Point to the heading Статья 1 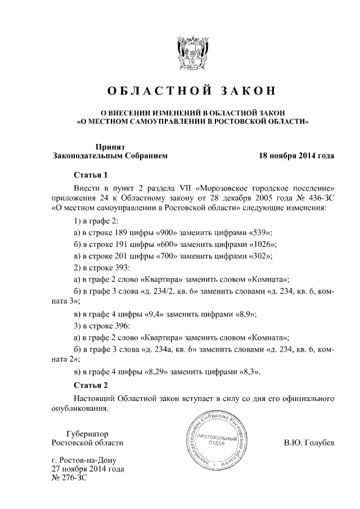[x=91, y=174]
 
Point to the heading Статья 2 [x=91, y=385]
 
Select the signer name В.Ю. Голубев [x=309, y=443]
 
